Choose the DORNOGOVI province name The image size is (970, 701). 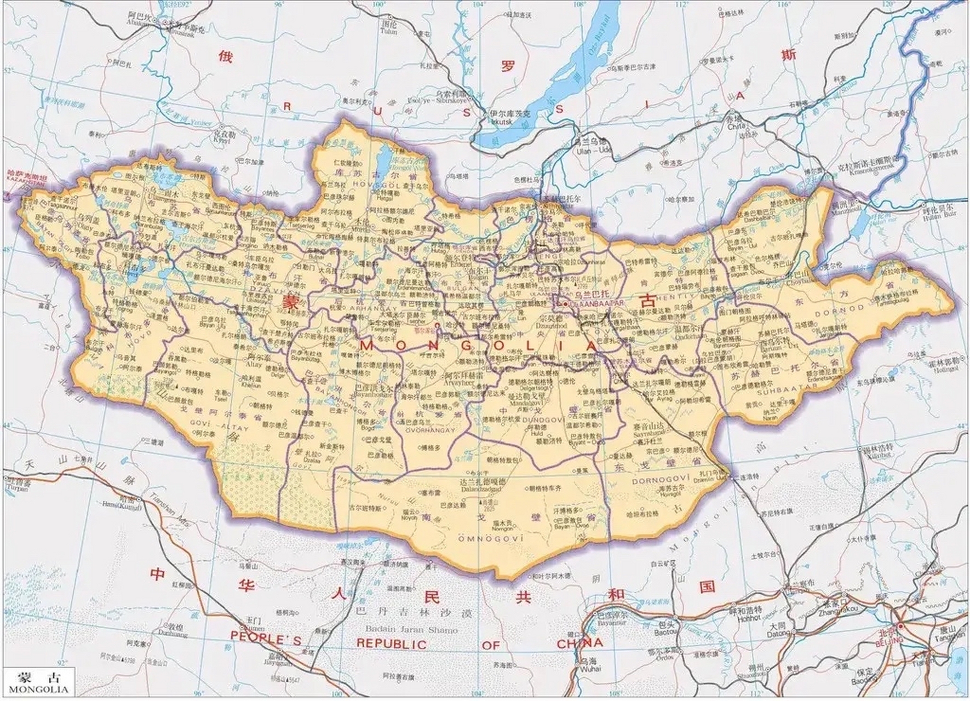tap(655, 481)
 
